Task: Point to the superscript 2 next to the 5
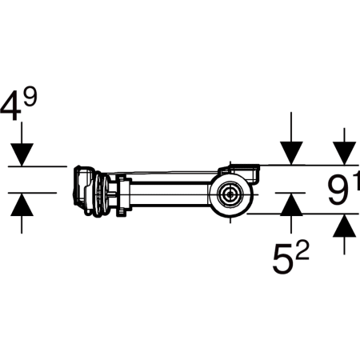[302, 251]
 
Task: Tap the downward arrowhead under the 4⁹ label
[22, 154]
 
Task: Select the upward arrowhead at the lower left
[22, 204]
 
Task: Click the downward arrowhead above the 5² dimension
[291, 153]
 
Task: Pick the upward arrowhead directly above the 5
[291, 204]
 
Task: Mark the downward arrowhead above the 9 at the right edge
[344, 154]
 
